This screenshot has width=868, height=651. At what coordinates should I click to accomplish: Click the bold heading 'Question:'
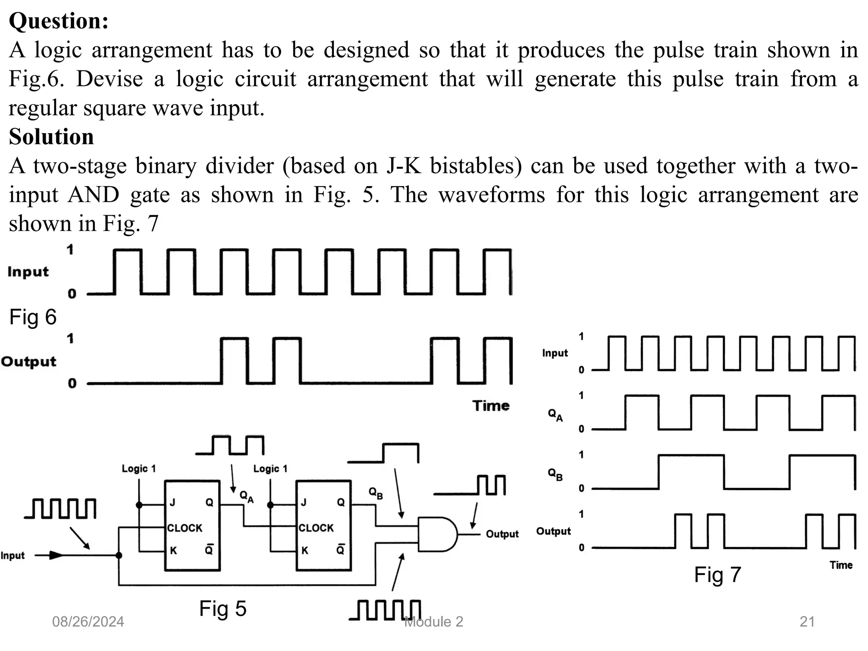pyautogui.click(x=58, y=21)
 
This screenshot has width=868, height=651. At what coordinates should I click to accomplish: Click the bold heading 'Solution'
pyautogui.click(x=51, y=136)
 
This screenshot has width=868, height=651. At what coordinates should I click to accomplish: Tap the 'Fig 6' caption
pyautogui.click(x=33, y=317)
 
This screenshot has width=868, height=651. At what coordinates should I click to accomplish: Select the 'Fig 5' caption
pyautogui.click(x=223, y=609)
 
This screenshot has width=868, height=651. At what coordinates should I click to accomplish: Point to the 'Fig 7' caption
pyautogui.click(x=717, y=575)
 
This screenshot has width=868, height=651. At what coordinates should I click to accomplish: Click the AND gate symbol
pyautogui.click(x=437, y=534)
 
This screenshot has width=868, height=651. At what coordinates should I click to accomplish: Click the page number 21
pyautogui.click(x=807, y=622)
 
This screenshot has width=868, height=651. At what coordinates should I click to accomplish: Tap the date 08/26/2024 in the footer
pyautogui.click(x=88, y=622)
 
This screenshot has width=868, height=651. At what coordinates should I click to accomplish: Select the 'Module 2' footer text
pyautogui.click(x=434, y=622)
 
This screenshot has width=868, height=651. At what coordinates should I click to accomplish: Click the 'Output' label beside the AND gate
pyautogui.click(x=502, y=534)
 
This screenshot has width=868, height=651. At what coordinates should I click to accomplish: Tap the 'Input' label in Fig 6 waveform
pyautogui.click(x=28, y=272)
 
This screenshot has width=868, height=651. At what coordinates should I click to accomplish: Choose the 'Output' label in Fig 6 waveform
pyautogui.click(x=28, y=362)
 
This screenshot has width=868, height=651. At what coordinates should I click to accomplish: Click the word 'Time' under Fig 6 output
pyautogui.click(x=491, y=406)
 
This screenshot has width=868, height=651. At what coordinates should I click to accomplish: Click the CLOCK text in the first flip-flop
pyautogui.click(x=185, y=528)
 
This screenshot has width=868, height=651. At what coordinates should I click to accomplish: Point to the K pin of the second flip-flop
pyautogui.click(x=305, y=551)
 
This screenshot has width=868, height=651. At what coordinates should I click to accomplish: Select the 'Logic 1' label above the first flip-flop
pyautogui.click(x=139, y=469)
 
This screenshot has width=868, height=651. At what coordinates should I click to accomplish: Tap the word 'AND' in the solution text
pyautogui.click(x=93, y=195)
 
